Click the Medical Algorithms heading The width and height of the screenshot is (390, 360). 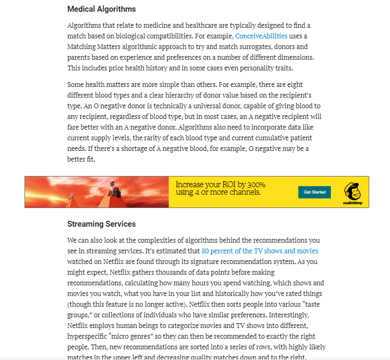click(101, 9)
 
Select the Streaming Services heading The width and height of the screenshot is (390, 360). click(101, 224)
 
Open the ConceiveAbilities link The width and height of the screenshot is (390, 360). click(261, 36)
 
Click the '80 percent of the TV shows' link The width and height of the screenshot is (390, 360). click(260, 251)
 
